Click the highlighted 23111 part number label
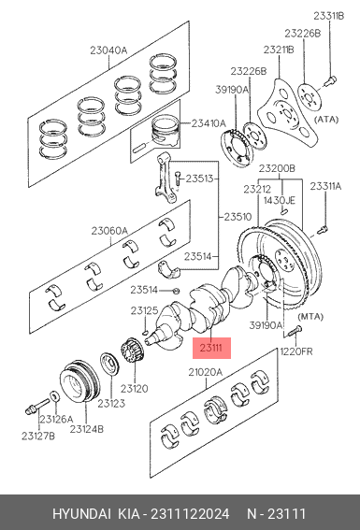(211, 348)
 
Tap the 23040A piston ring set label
(108, 50)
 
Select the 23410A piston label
(209, 123)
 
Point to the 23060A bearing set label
(109, 231)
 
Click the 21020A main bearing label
(205, 372)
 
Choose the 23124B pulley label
(87, 429)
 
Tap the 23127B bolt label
(37, 436)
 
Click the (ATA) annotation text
(326, 120)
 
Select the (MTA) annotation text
(310, 317)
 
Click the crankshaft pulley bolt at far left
(36, 407)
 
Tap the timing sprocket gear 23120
(129, 351)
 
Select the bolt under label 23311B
(329, 81)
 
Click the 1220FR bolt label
(296, 351)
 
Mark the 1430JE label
(280, 200)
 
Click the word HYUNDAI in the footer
(81, 514)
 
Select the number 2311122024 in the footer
(190, 514)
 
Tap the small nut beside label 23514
(176, 291)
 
